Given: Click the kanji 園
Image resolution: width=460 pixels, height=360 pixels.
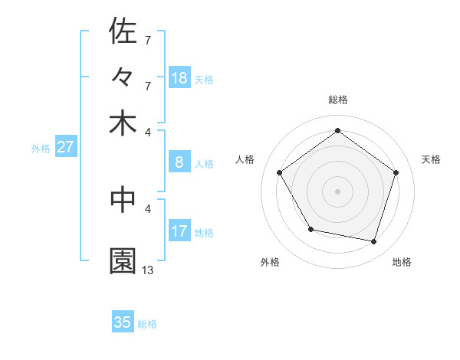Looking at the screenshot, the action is point(123,260).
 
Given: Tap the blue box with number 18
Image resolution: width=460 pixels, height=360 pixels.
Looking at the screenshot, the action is point(179,78).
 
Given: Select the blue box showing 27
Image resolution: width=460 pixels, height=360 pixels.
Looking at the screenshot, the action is point(65,147).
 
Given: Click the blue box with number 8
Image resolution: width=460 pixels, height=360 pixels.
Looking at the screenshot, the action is point(179,162).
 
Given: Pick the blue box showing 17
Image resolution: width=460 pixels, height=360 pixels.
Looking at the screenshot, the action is point(179,231).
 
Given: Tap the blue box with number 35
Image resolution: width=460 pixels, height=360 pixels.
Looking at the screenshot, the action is point(123,322).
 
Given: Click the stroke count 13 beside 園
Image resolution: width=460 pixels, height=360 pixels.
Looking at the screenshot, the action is point(148,270).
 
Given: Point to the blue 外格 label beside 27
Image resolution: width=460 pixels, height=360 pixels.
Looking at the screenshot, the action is point(41,149).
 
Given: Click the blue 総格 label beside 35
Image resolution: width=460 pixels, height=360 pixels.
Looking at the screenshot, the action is point(147,324).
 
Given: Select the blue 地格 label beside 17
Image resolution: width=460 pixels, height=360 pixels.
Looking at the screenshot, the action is point(204,233).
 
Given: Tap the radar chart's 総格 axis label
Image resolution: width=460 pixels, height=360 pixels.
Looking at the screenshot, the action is point(338,100).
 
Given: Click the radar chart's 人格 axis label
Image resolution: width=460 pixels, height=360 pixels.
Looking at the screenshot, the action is point(245,159).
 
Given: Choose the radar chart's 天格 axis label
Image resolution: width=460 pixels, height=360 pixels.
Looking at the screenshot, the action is point(431,159).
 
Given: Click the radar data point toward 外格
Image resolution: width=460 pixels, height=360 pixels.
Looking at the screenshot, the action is point(310,229).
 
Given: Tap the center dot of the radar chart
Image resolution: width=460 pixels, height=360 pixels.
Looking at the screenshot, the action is point(338,191).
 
